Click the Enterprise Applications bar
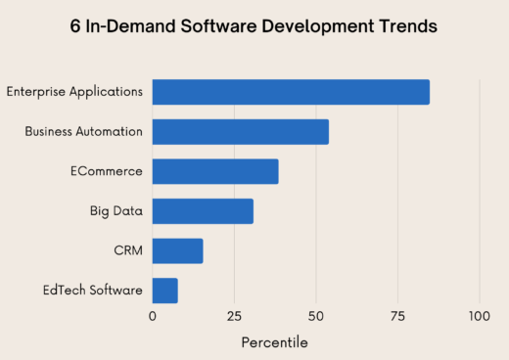tap(291, 92)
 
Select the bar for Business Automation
tap(240, 131)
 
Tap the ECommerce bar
tap(215, 171)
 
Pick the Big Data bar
tap(203, 211)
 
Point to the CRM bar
tap(177, 250)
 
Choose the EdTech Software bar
tap(164, 291)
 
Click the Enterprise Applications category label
tap(74, 92)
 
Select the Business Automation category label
tap(84, 131)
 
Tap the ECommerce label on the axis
tap(106, 171)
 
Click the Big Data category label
tap(116, 211)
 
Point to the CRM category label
tap(128, 250)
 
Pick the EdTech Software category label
tap(93, 291)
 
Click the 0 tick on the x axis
tap(153, 317)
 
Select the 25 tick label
tap(234, 317)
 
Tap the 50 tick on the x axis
tap(315, 317)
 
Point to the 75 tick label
tap(397, 317)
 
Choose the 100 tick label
tap(479, 317)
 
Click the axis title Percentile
tap(275, 342)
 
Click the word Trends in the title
tap(403, 26)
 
